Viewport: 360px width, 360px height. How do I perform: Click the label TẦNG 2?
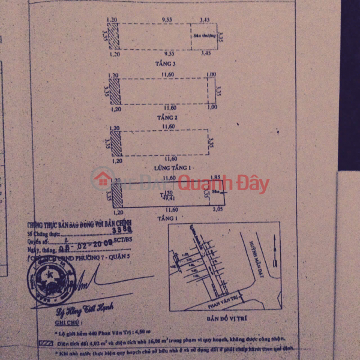(x=161, y=115)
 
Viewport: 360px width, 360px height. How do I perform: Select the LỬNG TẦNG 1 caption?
(x=161, y=169)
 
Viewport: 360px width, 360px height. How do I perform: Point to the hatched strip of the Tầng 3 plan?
(x=114, y=36)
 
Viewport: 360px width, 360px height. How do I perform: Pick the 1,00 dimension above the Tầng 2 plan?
(x=211, y=74)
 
